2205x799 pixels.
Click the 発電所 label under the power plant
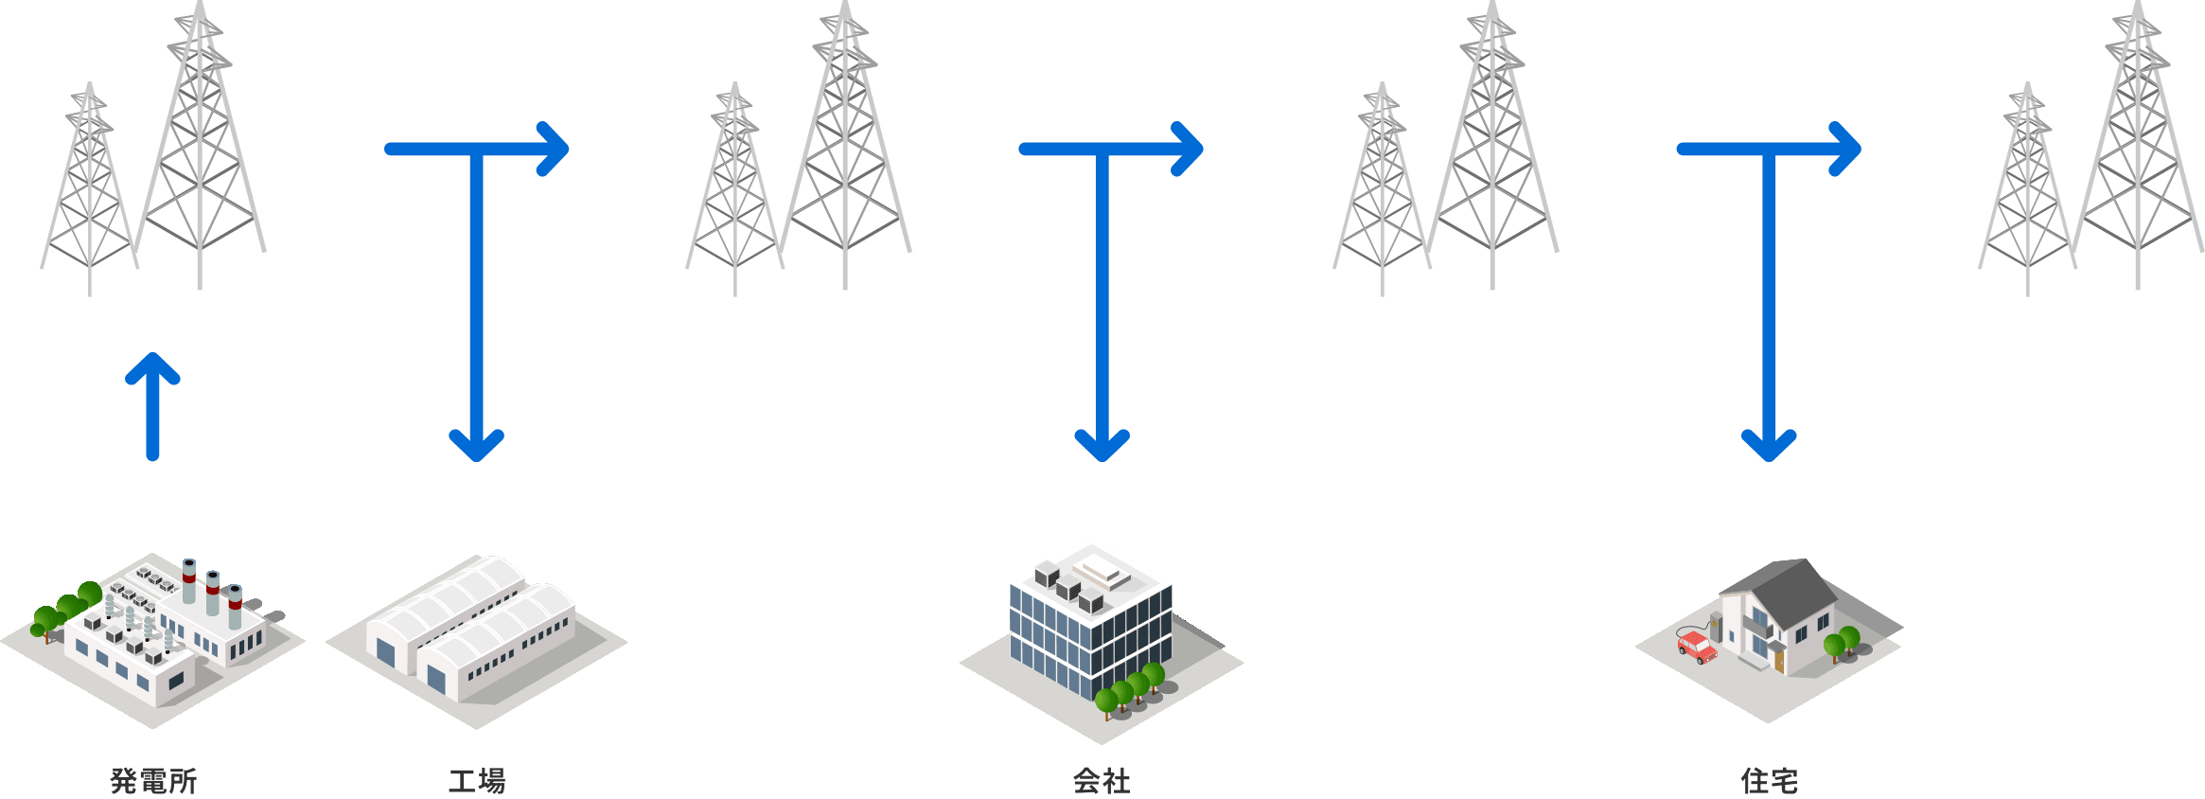click(x=153, y=781)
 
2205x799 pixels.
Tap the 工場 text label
click(x=476, y=781)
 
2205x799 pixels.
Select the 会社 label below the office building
click(x=1102, y=781)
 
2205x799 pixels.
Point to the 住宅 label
click(x=1769, y=781)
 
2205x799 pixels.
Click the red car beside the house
click(x=1697, y=648)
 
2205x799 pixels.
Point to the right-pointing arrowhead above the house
click(x=1844, y=149)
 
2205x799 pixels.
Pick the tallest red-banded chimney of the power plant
click(x=189, y=580)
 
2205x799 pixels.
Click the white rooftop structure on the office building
click(x=1102, y=571)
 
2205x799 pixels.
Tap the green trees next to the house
click(x=1842, y=642)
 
